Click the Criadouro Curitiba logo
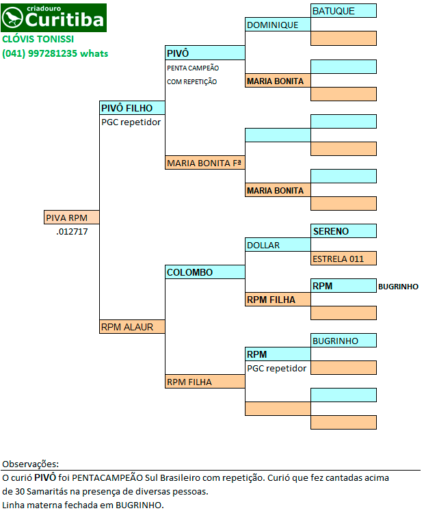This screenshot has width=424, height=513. tap(53, 18)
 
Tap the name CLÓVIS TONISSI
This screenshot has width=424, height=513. tap(38, 39)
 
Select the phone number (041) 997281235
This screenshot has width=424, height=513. tap(40, 53)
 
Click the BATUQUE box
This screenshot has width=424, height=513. tap(343, 11)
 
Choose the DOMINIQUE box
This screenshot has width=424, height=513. tap(278, 25)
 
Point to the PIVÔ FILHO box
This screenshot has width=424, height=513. tap(132, 108)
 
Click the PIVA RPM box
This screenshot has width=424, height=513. tap(72, 218)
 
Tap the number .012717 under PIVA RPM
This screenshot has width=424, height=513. tap(72, 232)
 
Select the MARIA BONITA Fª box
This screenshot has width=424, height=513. tap(205, 163)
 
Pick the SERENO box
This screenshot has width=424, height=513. tap(343, 231)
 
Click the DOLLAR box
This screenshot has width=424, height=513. tap(278, 245)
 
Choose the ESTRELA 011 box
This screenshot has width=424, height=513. tap(343, 259)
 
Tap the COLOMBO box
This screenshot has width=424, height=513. tap(205, 272)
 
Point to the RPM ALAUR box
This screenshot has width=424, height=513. tap(132, 326)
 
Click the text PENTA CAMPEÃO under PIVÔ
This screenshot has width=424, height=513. tap(193, 68)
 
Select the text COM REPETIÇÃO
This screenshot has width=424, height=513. tap(192, 81)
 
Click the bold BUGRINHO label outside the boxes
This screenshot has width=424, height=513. tap(398, 287)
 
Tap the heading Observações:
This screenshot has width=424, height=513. tap(30, 464)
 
